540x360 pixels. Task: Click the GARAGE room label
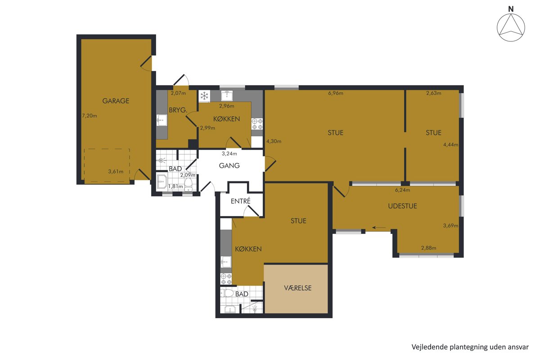pos(116,101)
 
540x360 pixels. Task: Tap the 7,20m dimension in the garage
pos(90,116)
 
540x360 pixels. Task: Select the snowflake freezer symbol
pos(204,96)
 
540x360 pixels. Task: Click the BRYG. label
pos(178,110)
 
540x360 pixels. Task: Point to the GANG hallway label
pos(229,166)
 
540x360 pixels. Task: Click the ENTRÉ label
pos(241,201)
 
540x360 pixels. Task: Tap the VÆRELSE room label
pos(298,288)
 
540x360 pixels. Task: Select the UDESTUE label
pos(402,206)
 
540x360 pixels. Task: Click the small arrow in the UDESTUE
pos(379,227)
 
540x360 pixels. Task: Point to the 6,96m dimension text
pos(336,93)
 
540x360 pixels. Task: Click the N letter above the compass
pos(511,9)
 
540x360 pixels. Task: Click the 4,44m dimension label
pos(450,145)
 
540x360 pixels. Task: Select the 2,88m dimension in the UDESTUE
pos(428,248)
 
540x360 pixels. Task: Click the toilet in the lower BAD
pos(227,293)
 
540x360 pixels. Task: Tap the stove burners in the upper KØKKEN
pos(257,124)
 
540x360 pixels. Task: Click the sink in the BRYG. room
pos(162,120)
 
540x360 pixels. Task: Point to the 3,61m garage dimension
pos(116,172)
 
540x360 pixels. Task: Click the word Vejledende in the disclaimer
pos(425,347)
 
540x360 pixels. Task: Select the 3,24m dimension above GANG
pos(229,153)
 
